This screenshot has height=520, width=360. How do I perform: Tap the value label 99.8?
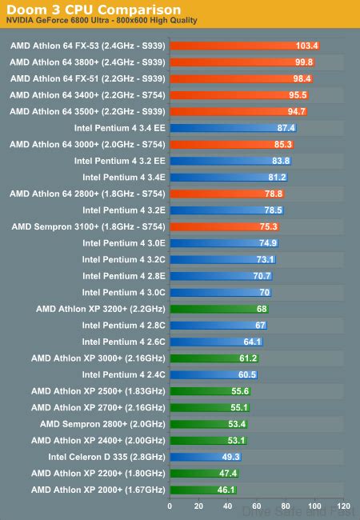[304, 62]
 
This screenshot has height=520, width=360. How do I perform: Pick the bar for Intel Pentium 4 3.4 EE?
[224, 128]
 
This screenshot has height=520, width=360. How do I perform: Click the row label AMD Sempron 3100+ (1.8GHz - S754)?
[88, 226]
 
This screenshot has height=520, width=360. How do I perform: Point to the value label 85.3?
[282, 144]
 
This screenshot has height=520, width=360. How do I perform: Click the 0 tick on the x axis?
[170, 506]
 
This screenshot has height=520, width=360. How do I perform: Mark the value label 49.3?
[230, 457]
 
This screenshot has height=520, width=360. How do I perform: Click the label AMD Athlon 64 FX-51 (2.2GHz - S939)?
[88, 78]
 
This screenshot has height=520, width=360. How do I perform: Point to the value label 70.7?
[262, 276]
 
